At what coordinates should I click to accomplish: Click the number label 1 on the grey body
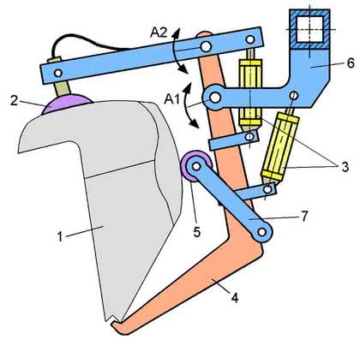pos(60,236)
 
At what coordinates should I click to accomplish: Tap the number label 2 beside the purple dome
pos(14,101)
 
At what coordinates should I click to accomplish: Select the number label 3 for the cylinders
pos(345,167)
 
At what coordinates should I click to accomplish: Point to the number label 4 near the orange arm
pos(235,298)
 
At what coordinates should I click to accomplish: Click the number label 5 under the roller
pos(197,232)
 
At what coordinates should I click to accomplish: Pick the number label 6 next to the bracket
pos(351,62)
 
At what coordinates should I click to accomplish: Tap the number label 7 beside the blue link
pos(304,216)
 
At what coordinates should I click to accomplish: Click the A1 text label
pos(172,99)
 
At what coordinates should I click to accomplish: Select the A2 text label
pos(159,33)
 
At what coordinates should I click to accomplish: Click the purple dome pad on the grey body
pos(67,104)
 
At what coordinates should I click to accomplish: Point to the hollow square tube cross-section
pos(309,29)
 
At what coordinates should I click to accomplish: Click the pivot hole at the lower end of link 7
pos(261,232)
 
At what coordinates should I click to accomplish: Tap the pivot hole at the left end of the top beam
pos(58,73)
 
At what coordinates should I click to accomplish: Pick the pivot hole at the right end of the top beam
pos(250,39)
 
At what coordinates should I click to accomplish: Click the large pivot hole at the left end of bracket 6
pos(215,98)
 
